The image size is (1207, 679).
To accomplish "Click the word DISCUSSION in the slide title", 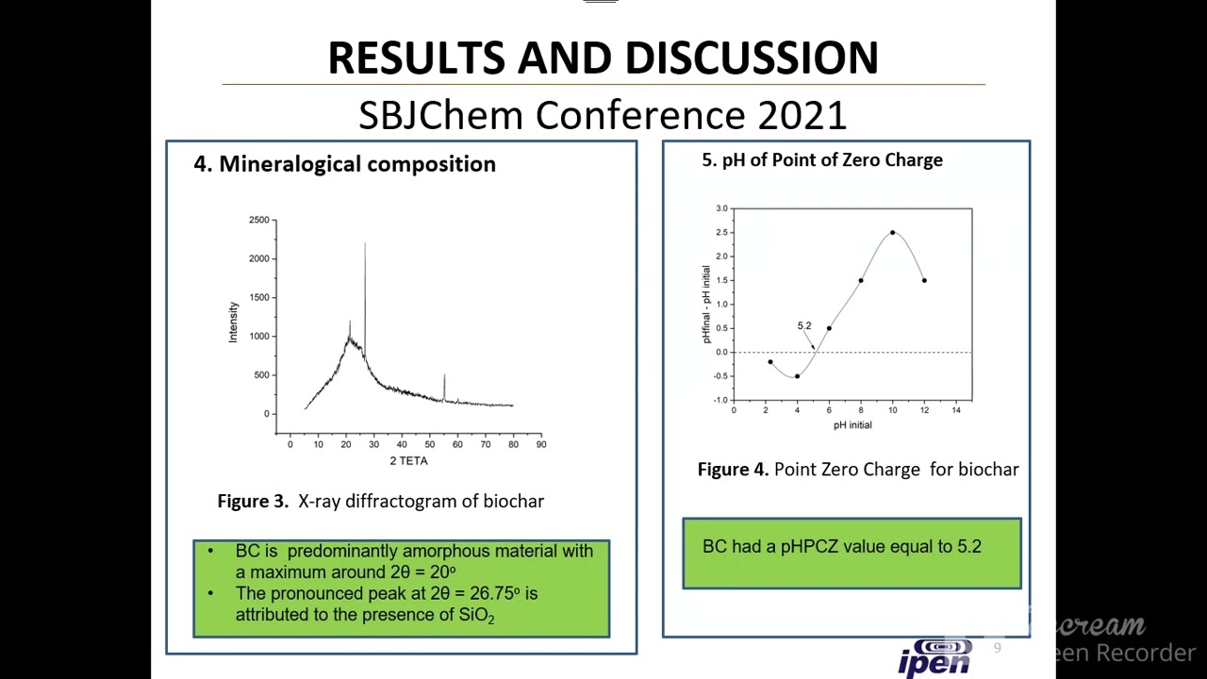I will (x=751, y=58).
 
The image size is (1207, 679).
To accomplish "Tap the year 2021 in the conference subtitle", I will (x=802, y=115).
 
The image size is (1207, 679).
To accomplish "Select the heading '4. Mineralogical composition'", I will (x=344, y=164).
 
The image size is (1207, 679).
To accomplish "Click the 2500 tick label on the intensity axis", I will (x=258, y=220).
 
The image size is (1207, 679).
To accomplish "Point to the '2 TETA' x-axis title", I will (x=408, y=461).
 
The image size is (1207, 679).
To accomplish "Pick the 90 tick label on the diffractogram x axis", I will (x=540, y=444).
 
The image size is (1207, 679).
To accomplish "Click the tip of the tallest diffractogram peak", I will (x=365, y=244).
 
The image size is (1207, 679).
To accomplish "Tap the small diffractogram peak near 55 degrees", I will (x=444, y=376).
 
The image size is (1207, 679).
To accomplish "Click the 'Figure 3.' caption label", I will (x=253, y=502).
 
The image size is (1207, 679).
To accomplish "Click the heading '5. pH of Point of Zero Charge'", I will (x=821, y=160).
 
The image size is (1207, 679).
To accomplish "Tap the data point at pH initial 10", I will (x=892, y=233).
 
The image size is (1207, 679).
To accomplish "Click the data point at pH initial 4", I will (x=797, y=376).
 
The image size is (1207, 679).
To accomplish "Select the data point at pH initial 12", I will (x=924, y=280).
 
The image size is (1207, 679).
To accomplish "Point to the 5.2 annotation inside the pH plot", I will (x=803, y=326).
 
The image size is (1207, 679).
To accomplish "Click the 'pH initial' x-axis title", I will (x=852, y=425).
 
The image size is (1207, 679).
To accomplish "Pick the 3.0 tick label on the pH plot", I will (x=721, y=208).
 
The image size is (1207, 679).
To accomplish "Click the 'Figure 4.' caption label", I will (x=733, y=470).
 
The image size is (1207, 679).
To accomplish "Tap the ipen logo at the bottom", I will (x=934, y=657).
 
